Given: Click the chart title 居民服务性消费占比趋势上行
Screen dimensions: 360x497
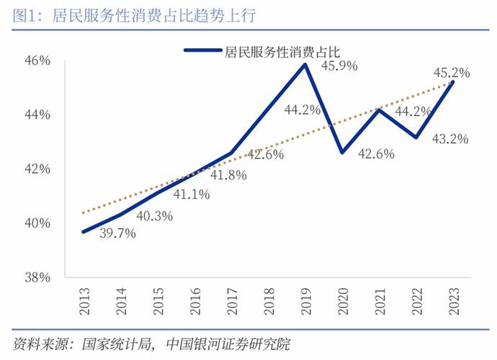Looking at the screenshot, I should [154, 15].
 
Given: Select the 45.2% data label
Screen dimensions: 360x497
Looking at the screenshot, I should [452, 72].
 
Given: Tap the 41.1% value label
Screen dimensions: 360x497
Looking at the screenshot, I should [191, 194].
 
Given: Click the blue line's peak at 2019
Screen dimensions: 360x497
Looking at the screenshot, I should [305, 64].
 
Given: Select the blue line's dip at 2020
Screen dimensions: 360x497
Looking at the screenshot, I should [342, 153].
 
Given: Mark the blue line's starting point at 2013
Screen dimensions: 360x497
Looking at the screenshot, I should [85, 231].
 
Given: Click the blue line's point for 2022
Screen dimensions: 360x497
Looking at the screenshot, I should [416, 137].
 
